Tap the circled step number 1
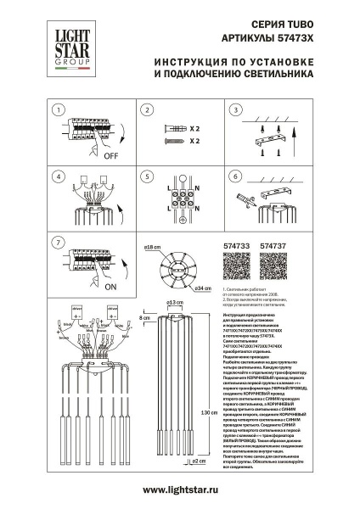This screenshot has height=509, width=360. tap(57, 111)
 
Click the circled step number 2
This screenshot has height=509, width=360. tap(145, 111)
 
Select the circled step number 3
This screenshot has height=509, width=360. tap(235, 111)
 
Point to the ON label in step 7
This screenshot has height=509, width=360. tap(111, 286)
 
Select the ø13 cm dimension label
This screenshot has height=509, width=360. tap(175, 302)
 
